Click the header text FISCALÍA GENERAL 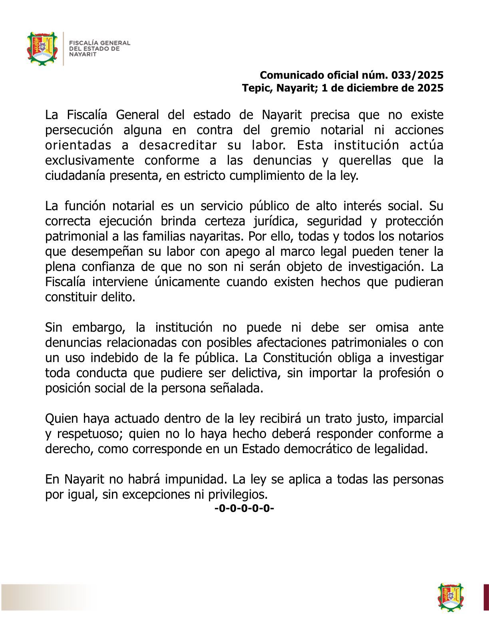100,43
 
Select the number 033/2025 417,75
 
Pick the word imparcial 418,419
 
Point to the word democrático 318,449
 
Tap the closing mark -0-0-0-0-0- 244,509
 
